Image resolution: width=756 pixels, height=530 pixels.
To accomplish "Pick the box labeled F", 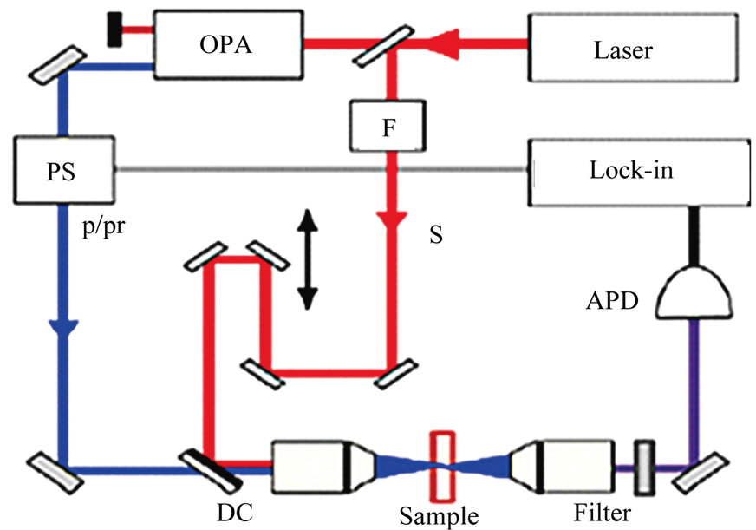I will (388, 125).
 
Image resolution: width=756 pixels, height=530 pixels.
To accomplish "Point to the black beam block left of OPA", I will (114, 29).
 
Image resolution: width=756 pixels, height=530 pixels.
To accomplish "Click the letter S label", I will (436, 235).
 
